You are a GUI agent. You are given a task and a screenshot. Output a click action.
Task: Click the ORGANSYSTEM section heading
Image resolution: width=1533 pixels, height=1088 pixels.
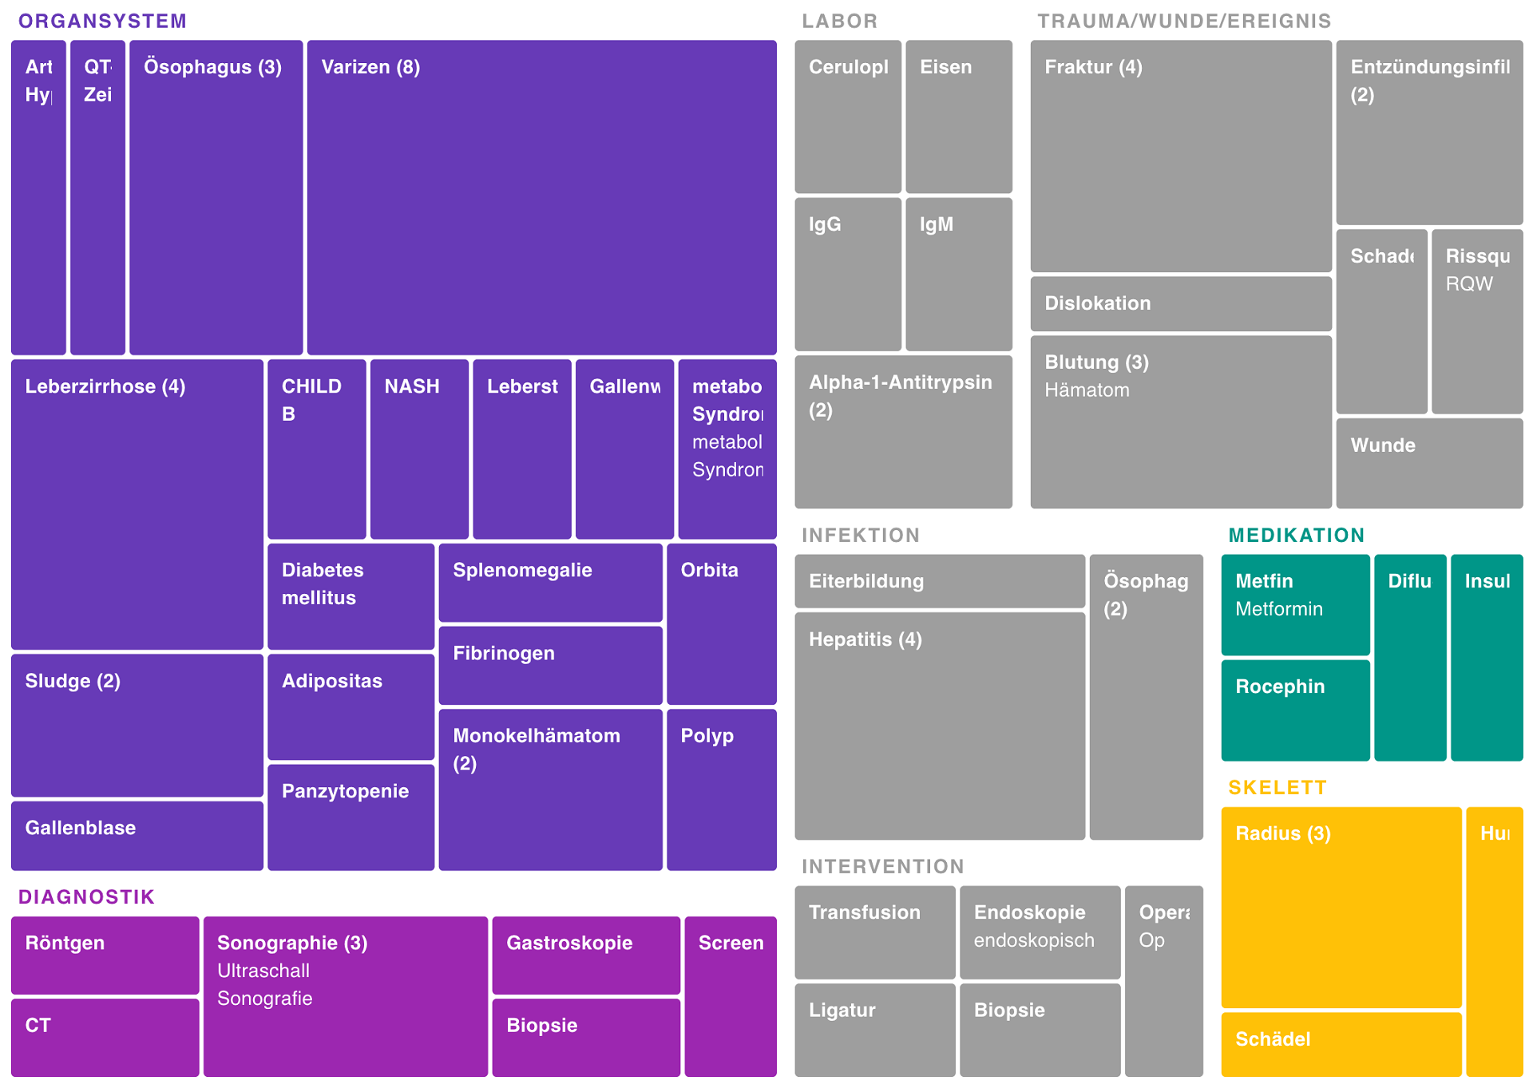pyautogui.click(x=102, y=21)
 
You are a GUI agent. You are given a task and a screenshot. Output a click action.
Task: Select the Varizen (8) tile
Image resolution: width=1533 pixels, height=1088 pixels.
pyautogui.click(x=541, y=197)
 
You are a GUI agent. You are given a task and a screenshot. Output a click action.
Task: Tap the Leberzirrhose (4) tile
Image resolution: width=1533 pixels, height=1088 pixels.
pyautogui.click(x=137, y=504)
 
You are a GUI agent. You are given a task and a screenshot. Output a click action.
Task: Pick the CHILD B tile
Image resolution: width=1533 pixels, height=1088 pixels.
pyautogui.click(x=316, y=449)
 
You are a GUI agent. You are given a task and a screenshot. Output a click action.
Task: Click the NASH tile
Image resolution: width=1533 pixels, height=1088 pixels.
pyautogui.click(x=418, y=449)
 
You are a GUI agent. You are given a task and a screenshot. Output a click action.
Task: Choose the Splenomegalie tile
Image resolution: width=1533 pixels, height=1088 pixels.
pyautogui.click(x=550, y=582)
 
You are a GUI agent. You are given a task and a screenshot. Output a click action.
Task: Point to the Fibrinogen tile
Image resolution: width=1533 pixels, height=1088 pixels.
pyautogui.click(x=550, y=665)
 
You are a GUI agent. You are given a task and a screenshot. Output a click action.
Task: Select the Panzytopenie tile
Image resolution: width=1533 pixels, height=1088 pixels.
pyautogui.click(x=351, y=817)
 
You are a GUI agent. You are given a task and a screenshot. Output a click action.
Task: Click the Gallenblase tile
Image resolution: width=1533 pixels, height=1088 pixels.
pyautogui.click(x=137, y=835)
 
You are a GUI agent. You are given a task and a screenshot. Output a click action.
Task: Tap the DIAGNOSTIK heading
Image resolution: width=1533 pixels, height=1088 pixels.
pyautogui.click(x=86, y=896)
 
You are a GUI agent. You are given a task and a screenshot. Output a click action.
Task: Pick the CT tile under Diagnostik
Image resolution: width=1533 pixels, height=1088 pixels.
pyautogui.click(x=105, y=1037)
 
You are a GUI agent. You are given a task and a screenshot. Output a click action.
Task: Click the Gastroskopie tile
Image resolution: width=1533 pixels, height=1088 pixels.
pyautogui.click(x=586, y=955)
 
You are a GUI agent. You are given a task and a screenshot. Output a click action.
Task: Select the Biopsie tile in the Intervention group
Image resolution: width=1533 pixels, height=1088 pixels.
pyautogui.click(x=1040, y=1029)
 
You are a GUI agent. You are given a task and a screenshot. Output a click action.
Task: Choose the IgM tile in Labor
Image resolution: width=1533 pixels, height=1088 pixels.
pyautogui.click(x=958, y=274)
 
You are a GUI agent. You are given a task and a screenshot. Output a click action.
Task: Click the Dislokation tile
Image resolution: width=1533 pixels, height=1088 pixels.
pyautogui.click(x=1180, y=303)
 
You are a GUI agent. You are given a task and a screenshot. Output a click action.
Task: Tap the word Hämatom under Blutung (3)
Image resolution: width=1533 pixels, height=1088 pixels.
pyautogui.click(x=1087, y=390)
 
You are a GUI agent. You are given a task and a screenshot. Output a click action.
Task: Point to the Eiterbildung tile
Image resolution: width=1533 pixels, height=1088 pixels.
pyautogui.click(x=939, y=581)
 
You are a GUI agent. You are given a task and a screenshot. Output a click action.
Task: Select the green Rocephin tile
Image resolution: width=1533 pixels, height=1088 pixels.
pyautogui.click(x=1295, y=709)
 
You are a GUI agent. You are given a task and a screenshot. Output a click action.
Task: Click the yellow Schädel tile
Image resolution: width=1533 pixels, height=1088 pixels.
pyautogui.click(x=1341, y=1043)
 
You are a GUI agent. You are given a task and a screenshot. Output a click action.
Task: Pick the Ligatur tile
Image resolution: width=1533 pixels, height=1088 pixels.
pyautogui.click(x=874, y=1029)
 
